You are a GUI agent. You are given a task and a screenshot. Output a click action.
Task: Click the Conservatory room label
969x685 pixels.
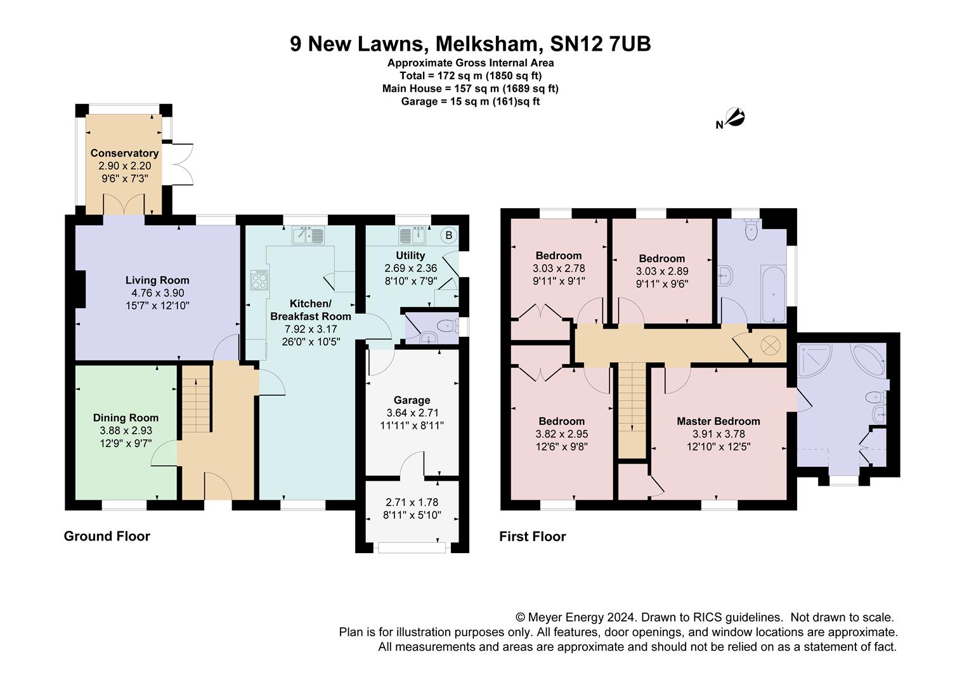coord(124,153)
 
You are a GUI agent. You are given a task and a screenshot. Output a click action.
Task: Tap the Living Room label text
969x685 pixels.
coord(157,280)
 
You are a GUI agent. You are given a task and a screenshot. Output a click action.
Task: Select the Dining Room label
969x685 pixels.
coord(126,418)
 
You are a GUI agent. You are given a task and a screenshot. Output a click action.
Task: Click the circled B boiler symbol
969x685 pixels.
coord(449,235)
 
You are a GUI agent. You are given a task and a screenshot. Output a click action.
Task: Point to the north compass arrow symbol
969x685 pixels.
coord(735,118)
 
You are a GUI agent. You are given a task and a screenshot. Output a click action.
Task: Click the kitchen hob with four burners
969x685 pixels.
coord(259,280)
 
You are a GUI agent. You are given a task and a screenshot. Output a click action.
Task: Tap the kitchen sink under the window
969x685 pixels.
coord(308,235)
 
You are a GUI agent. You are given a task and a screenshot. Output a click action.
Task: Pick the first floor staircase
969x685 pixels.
coord(632,410)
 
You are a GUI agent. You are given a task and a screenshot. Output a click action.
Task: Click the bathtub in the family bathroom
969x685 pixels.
coord(773,294)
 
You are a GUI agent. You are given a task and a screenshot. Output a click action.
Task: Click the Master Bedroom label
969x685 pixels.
coord(719,422)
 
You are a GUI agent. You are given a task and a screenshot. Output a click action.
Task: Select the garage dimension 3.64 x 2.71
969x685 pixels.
coord(412,413)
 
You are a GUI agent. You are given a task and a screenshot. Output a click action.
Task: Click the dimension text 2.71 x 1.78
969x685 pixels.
coord(412,502)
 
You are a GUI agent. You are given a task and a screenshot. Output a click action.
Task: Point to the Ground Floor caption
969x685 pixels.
coord(107,537)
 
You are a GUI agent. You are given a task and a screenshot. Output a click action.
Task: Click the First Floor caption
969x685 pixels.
coord(533,537)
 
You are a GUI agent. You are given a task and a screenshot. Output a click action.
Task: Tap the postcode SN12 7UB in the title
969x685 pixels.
coord(601,44)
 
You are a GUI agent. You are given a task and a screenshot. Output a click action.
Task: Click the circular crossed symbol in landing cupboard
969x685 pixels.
coord(771,346)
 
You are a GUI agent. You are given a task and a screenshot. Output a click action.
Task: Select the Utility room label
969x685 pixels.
coord(410,256)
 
